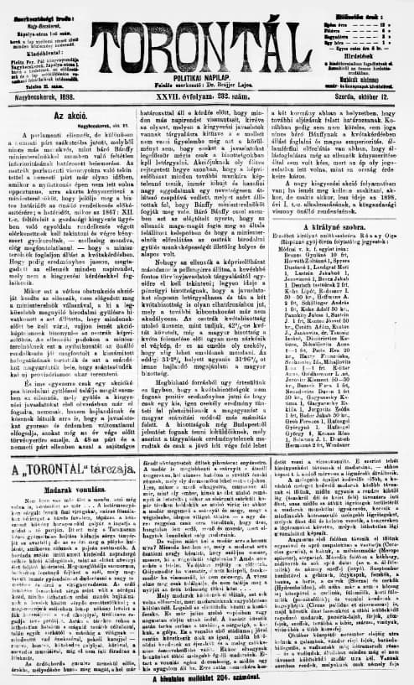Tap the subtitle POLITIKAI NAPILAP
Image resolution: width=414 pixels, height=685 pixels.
(x=206, y=63)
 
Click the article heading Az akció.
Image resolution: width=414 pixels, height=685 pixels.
(x=71, y=113)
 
